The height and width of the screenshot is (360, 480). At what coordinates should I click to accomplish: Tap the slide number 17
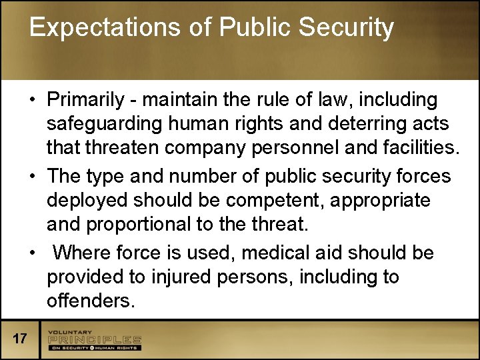[x=20, y=339]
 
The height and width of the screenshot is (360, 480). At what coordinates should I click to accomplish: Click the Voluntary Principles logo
[x=94, y=339]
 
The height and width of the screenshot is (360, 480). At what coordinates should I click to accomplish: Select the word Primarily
[x=85, y=100]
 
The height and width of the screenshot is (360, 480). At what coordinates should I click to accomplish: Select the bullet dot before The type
[x=32, y=177]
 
